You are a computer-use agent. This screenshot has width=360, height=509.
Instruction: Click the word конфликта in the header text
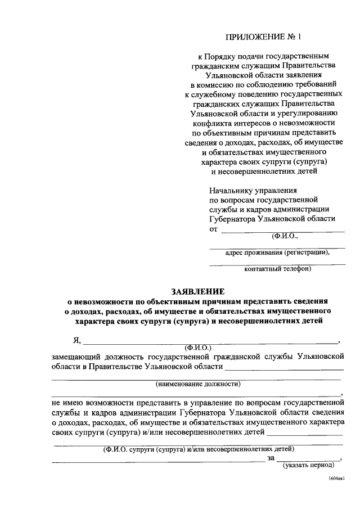[x=216, y=123]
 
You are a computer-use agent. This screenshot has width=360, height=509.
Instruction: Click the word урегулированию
[x=310, y=114]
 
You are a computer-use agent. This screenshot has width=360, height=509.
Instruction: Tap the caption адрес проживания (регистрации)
[x=277, y=253]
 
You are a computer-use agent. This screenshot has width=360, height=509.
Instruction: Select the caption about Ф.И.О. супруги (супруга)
[x=198, y=449]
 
